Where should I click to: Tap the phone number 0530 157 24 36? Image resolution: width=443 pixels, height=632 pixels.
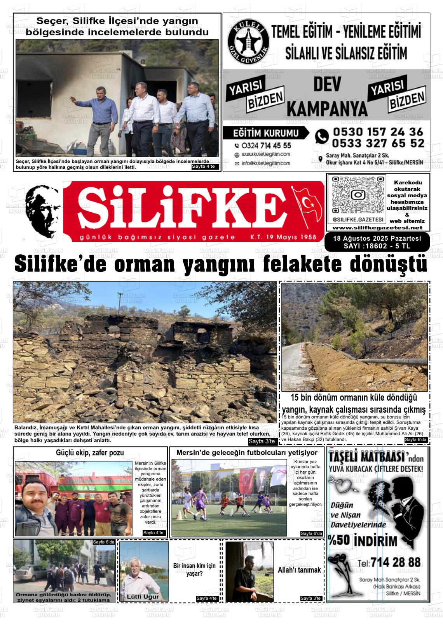point(378,132)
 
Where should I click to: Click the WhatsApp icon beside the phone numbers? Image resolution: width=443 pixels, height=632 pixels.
point(322,136)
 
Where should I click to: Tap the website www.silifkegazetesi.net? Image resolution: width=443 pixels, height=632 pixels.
point(378,228)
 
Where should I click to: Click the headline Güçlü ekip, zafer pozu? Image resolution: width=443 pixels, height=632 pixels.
point(90,453)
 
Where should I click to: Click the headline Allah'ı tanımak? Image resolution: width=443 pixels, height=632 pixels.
point(299,570)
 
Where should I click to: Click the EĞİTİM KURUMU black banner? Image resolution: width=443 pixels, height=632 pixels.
point(266,133)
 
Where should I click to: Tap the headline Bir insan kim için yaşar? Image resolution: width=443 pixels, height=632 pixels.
point(194,569)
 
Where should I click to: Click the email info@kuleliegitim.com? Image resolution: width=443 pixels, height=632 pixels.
point(265,163)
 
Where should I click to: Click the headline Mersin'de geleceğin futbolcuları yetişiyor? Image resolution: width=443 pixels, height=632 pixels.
point(247,453)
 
